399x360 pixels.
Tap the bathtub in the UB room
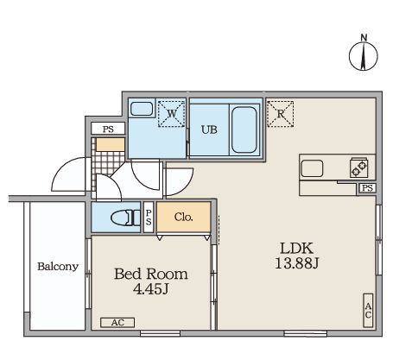(244, 129)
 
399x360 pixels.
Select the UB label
(209, 129)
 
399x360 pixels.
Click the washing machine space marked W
(171, 114)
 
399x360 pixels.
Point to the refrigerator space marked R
(280, 114)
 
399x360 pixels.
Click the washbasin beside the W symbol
(142, 109)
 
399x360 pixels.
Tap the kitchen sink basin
(312, 168)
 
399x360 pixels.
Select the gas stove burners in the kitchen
(358, 167)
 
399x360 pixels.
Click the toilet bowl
(123, 218)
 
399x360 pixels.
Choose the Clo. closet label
(183, 217)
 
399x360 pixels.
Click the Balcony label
(58, 267)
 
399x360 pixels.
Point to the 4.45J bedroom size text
(151, 289)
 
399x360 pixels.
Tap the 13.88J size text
(296, 263)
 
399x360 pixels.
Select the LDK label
(296, 248)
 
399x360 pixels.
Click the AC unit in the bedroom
(117, 323)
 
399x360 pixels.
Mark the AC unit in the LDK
(368, 310)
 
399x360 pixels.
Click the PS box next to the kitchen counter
(367, 188)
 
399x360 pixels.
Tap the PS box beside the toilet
(149, 217)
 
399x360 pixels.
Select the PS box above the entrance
(108, 129)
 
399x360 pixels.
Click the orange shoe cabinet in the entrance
(111, 144)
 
